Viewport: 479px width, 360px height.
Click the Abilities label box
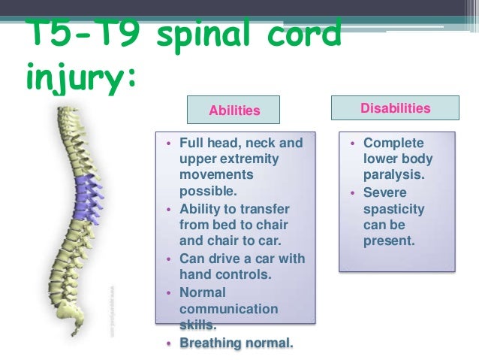(233, 110)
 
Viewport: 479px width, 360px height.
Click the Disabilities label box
(395, 108)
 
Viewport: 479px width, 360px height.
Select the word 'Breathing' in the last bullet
(212, 343)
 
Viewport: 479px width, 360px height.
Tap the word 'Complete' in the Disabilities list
(393, 143)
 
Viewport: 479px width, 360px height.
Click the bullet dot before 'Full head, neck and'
(170, 143)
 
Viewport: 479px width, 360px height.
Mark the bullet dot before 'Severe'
(353, 193)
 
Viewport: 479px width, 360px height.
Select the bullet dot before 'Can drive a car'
(170, 259)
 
